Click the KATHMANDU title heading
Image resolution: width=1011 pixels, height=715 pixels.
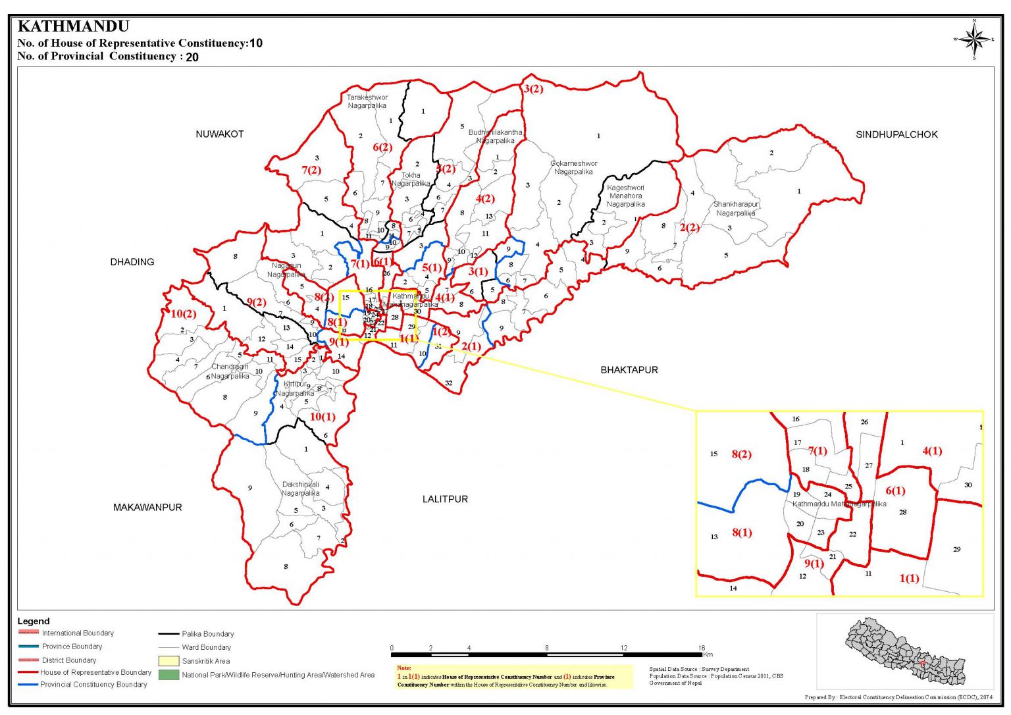point(73,27)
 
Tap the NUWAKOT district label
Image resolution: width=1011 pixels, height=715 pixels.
point(219,134)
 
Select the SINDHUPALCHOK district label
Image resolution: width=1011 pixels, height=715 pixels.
point(896,134)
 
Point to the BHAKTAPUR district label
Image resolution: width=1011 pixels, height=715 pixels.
point(629,370)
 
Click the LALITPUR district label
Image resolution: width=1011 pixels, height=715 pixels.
point(445,499)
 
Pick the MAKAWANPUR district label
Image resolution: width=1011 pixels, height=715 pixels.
point(147,508)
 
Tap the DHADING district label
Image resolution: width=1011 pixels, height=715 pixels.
point(132,262)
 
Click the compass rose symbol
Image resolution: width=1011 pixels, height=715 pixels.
point(974,40)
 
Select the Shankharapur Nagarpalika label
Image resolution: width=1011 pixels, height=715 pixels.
point(736,209)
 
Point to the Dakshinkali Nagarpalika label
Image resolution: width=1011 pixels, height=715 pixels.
point(301,489)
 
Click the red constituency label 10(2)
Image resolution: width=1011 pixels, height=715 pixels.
point(184,314)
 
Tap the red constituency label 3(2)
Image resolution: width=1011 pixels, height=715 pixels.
point(533,89)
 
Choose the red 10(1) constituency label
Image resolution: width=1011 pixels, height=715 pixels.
point(323,417)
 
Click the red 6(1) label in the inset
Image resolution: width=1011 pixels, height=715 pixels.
point(895,490)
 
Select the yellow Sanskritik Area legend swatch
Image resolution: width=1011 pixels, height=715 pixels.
point(168,661)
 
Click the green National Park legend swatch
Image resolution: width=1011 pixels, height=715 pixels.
point(168,675)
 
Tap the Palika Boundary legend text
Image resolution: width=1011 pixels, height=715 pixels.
point(208,634)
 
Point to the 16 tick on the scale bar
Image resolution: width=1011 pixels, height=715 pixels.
point(702,648)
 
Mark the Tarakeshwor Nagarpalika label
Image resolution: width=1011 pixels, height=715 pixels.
point(367,101)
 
